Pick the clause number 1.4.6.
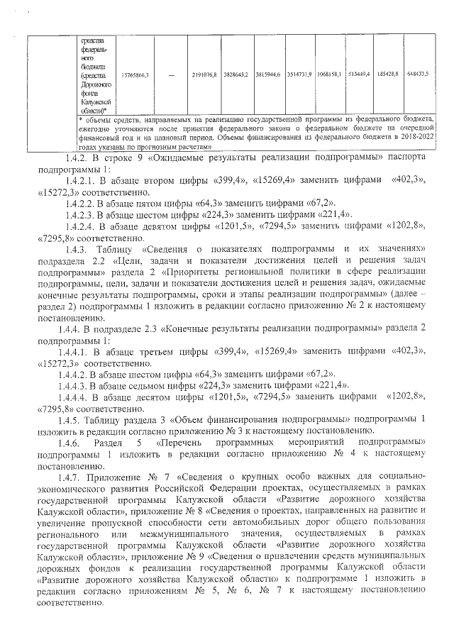pos(79,443)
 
